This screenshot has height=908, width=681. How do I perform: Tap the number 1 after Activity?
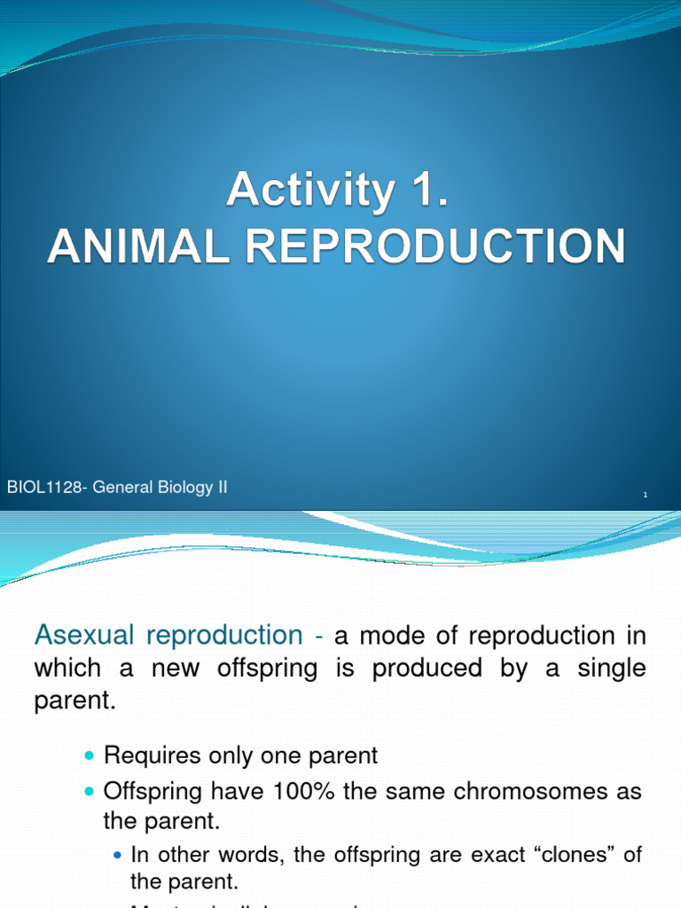click(x=424, y=191)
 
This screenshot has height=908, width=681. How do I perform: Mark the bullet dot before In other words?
click(x=119, y=856)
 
